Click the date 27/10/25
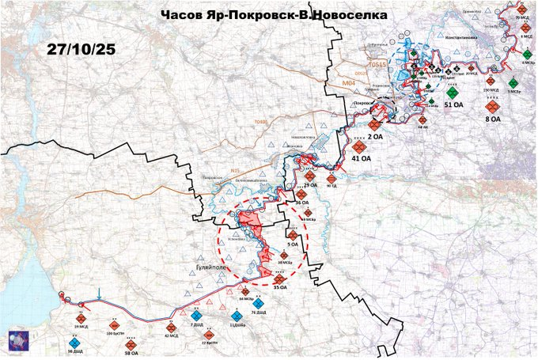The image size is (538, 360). pos(81,48)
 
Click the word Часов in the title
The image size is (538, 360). pos(181,14)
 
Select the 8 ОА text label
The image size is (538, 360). pos(491,119)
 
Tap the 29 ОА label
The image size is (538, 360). pos(310,185)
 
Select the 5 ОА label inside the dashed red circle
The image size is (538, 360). pos(293,245)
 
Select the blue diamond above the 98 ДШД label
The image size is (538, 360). pos(74,341)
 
